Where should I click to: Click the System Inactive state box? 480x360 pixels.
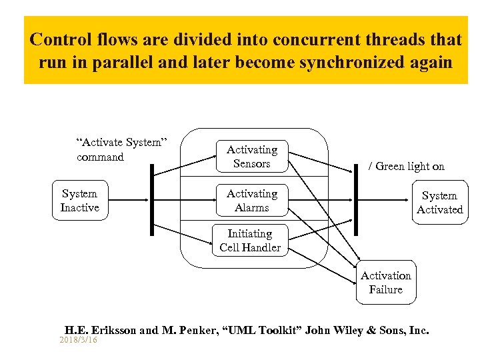click(79, 201)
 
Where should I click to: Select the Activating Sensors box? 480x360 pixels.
click(251, 157)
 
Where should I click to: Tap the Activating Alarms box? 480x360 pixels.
click(251, 201)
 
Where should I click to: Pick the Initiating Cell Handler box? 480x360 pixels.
click(250, 241)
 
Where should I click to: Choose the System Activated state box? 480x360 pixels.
click(439, 203)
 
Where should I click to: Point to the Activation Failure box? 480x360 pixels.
click(386, 283)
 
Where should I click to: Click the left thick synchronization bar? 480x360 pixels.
click(152, 200)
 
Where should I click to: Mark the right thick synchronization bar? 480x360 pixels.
click(355, 200)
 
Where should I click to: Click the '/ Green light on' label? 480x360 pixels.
click(407, 167)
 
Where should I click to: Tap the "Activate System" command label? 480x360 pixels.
click(121, 149)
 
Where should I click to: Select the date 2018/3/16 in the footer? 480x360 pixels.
click(78, 340)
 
